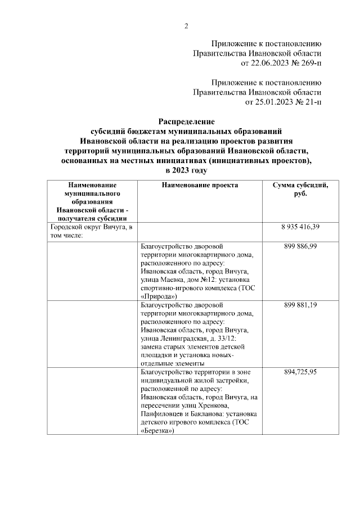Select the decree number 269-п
pos(307,62)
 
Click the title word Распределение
pos(186,121)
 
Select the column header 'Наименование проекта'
pos(199,185)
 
